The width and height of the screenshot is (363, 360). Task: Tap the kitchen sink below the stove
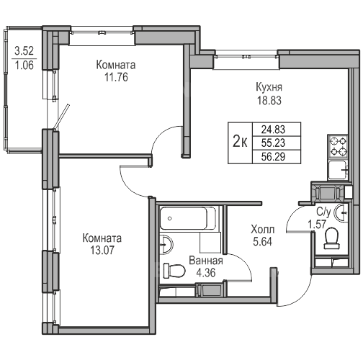click(x=338, y=170)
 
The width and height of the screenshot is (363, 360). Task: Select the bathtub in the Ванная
click(x=187, y=218)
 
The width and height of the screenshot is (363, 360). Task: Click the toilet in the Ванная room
click(x=174, y=271)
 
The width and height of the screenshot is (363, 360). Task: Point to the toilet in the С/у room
click(x=331, y=238)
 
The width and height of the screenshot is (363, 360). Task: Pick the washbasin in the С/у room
click(x=341, y=212)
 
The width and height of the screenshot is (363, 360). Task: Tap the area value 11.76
click(x=116, y=77)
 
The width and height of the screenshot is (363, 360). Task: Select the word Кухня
click(x=269, y=88)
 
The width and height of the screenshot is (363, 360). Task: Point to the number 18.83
click(x=269, y=100)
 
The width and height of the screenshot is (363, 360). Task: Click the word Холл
click(x=263, y=230)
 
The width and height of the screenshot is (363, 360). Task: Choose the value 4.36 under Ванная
click(x=206, y=273)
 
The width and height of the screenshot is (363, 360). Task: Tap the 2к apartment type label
click(x=241, y=143)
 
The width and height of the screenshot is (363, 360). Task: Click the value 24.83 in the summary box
click(x=273, y=130)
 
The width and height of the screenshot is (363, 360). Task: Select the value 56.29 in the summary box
click(x=273, y=157)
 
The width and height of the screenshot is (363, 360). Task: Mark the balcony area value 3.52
click(x=24, y=51)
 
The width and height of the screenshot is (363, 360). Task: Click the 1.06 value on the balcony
click(x=24, y=66)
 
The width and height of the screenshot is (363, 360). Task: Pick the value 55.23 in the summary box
click(x=273, y=143)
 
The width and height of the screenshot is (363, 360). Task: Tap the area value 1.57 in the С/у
click(x=317, y=225)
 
